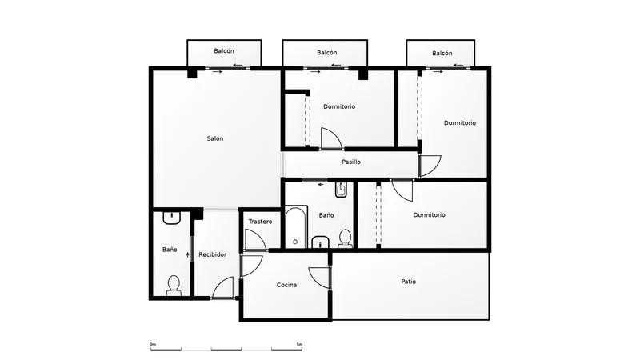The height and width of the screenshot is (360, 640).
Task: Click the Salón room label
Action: point(215,138)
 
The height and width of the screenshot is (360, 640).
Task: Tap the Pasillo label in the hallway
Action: point(351,162)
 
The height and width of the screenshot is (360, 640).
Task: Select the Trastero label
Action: point(260,222)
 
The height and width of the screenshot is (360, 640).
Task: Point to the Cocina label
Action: point(286,285)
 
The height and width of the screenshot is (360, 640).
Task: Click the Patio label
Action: point(409,282)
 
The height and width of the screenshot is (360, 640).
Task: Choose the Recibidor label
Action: point(212,254)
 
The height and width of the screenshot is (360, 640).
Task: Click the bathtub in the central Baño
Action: point(296,227)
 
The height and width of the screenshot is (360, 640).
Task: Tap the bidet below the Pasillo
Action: point(341,190)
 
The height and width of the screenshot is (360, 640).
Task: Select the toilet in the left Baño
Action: point(174,286)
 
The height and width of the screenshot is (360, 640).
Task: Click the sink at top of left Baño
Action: point(172,218)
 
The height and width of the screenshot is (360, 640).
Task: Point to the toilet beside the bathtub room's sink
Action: point(346,238)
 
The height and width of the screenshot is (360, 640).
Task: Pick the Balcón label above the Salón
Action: point(224,51)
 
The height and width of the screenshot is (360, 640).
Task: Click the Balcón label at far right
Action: point(442,53)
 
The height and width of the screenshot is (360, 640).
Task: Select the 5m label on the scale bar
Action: point(299,345)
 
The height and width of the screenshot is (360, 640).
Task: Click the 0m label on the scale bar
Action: point(153,345)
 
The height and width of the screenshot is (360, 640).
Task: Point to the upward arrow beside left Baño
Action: point(188,254)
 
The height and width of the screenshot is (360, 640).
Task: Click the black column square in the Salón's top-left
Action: point(192,74)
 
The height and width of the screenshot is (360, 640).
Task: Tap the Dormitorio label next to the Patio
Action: point(429,214)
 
